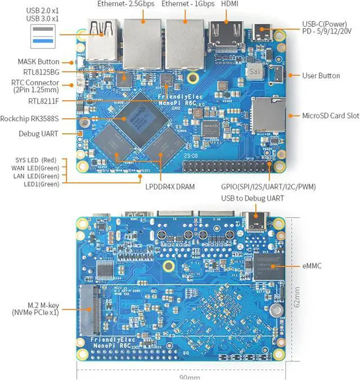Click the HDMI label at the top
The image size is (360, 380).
(x=229, y=4)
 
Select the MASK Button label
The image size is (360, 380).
(x=39, y=62)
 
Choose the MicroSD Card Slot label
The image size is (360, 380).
(x=322, y=116)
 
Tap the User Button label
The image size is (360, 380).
(x=321, y=75)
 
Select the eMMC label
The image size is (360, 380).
(x=310, y=266)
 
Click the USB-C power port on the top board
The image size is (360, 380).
(x=263, y=30)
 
